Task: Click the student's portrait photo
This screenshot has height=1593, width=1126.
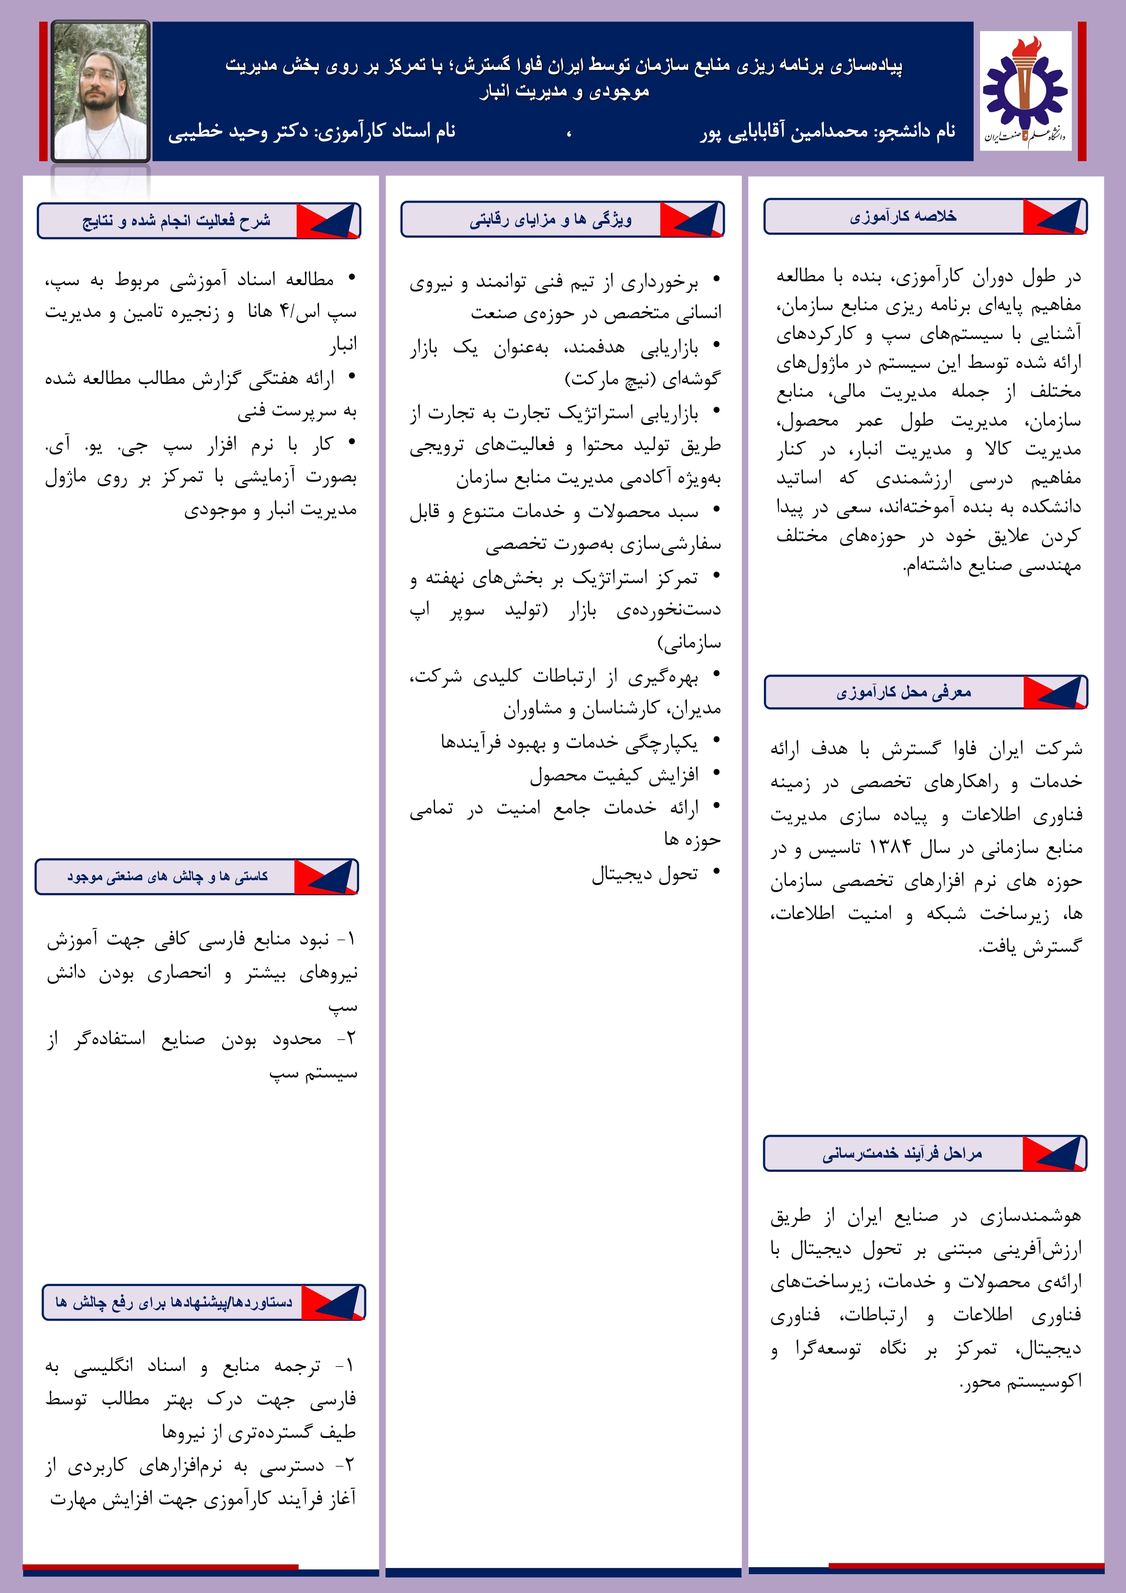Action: tap(101, 91)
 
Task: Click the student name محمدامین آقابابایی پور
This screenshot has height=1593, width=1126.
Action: tap(784, 131)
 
